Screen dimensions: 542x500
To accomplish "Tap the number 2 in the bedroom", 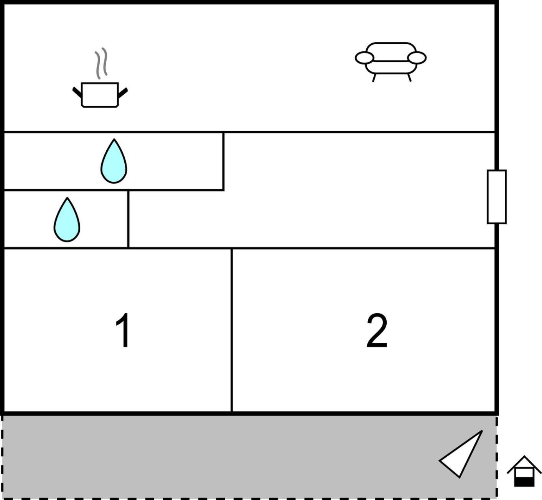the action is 377,330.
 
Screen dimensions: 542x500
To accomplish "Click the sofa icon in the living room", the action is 390,62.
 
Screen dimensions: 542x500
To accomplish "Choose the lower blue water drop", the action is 67,220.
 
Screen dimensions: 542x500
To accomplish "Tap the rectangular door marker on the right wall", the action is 497,197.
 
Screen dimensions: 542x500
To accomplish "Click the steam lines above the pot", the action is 101,63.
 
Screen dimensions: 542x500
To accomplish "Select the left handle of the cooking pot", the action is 77,92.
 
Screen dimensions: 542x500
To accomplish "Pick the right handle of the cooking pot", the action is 123,93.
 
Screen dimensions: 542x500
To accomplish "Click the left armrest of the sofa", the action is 364,58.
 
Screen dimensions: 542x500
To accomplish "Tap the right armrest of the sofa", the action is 417,58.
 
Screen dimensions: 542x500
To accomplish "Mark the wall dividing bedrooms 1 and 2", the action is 231,330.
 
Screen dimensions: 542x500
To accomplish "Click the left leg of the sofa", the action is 374,78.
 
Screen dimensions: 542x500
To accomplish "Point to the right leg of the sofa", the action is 409,77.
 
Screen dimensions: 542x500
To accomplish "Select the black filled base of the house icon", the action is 524,482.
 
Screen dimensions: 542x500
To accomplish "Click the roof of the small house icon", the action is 524,464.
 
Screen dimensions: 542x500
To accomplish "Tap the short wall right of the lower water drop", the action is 128,219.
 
